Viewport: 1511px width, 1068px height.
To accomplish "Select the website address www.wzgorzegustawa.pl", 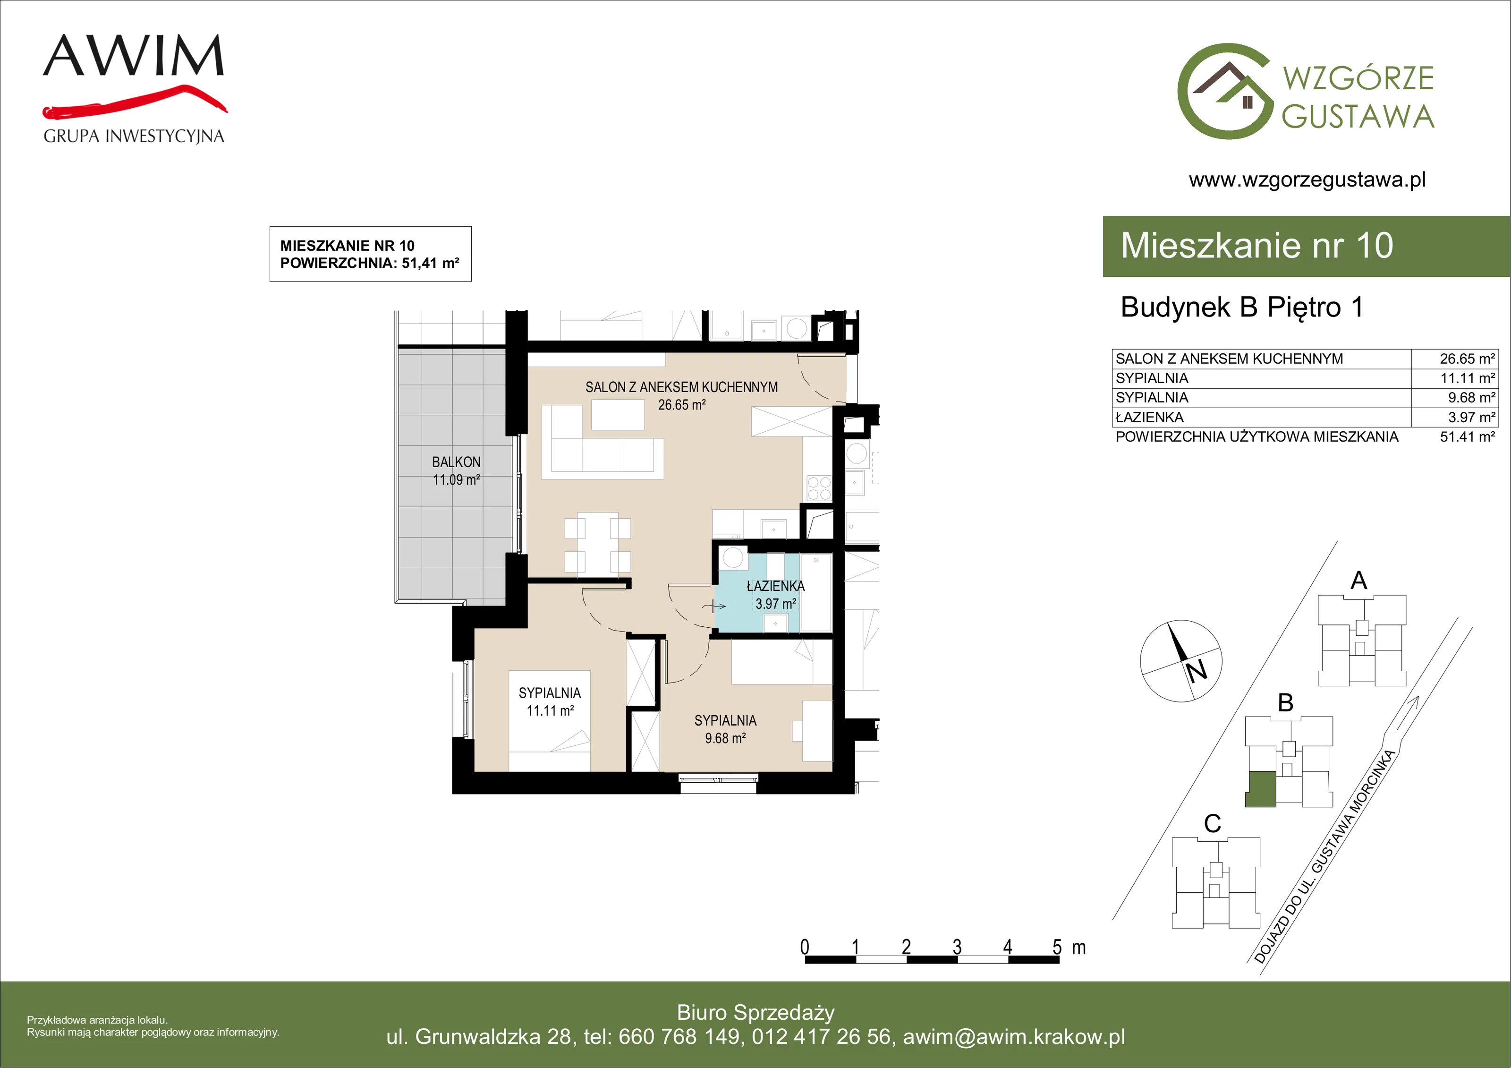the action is point(1307,180).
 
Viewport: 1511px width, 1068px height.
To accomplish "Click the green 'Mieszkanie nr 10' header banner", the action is point(1307,246).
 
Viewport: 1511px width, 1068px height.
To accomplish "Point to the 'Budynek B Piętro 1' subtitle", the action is point(1242,308).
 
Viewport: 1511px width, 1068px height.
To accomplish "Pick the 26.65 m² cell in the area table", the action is point(1467,359).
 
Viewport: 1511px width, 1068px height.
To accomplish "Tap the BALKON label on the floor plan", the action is point(456,462).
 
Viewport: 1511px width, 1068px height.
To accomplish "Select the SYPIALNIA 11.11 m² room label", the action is point(550,702).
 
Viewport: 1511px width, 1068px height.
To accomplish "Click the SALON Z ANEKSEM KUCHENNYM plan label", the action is point(682,387).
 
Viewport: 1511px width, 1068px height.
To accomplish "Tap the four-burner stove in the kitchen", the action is point(819,488).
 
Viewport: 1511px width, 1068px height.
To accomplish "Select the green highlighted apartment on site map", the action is point(1261,789).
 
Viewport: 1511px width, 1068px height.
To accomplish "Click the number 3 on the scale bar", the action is point(957,947).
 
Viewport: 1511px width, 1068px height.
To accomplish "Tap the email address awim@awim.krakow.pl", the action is point(1014,1037).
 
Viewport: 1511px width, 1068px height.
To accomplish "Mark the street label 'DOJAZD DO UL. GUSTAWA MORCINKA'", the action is point(1324,856).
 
